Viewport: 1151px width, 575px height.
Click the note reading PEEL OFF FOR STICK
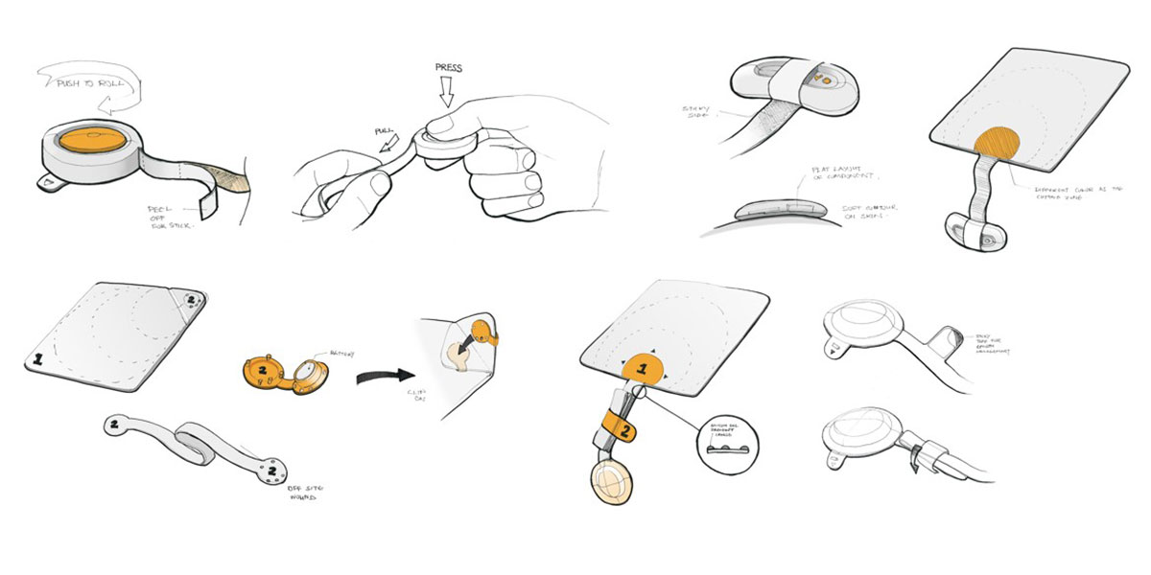[170, 215]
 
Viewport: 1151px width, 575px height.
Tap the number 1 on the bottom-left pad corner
[39, 361]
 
